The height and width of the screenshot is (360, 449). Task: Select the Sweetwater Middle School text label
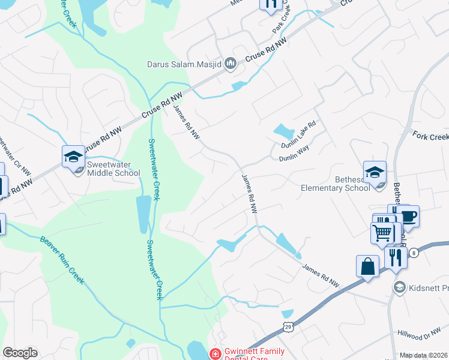(113, 169)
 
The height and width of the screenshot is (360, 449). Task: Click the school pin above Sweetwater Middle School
(73, 157)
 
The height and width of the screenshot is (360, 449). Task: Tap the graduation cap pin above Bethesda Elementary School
(375, 172)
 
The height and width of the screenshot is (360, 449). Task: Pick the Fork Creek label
(430, 136)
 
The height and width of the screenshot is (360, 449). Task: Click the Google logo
(20, 353)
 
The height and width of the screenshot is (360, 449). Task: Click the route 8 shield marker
(414, 254)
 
